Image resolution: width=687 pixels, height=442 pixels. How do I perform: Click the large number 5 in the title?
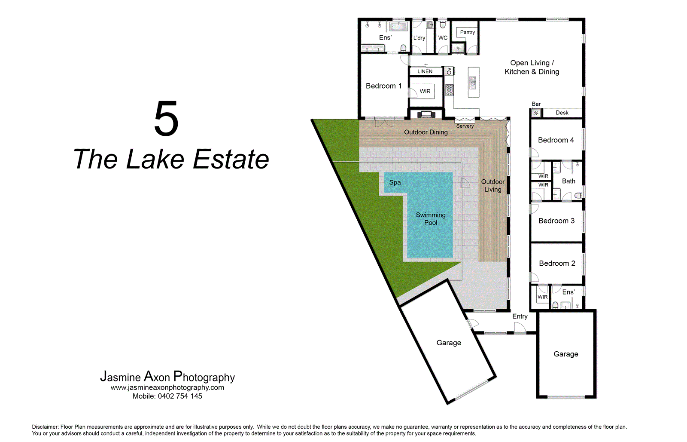tap(166, 119)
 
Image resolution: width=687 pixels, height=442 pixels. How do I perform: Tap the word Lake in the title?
tap(155, 160)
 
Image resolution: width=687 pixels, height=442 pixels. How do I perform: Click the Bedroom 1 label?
tap(383, 86)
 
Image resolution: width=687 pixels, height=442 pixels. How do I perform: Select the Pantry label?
tap(467, 32)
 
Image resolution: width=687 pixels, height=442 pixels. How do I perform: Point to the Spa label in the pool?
tap(395, 182)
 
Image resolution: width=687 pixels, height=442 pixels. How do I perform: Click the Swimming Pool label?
tap(431, 218)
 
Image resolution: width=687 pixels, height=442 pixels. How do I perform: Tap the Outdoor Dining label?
tap(426, 132)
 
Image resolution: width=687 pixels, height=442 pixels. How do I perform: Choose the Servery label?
tap(465, 126)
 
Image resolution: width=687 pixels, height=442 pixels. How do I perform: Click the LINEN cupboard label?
tap(425, 71)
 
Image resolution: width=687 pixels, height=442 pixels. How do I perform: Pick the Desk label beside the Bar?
tap(562, 113)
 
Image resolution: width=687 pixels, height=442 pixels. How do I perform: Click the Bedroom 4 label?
tap(556, 140)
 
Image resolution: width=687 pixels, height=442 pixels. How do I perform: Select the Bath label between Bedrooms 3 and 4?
tap(568, 181)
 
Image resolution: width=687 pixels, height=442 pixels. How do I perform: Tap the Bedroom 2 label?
tap(557, 263)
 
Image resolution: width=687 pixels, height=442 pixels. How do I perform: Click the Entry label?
tap(520, 316)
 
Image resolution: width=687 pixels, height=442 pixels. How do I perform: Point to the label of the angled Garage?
tap(449, 343)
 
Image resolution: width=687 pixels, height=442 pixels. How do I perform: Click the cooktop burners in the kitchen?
tap(450, 90)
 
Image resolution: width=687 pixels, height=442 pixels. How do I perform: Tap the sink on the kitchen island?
tap(473, 82)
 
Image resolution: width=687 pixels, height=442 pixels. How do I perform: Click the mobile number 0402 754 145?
tap(179, 396)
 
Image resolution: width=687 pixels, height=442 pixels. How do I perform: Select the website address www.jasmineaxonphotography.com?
tap(167, 387)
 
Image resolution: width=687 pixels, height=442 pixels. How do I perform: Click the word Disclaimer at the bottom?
tap(45, 427)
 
